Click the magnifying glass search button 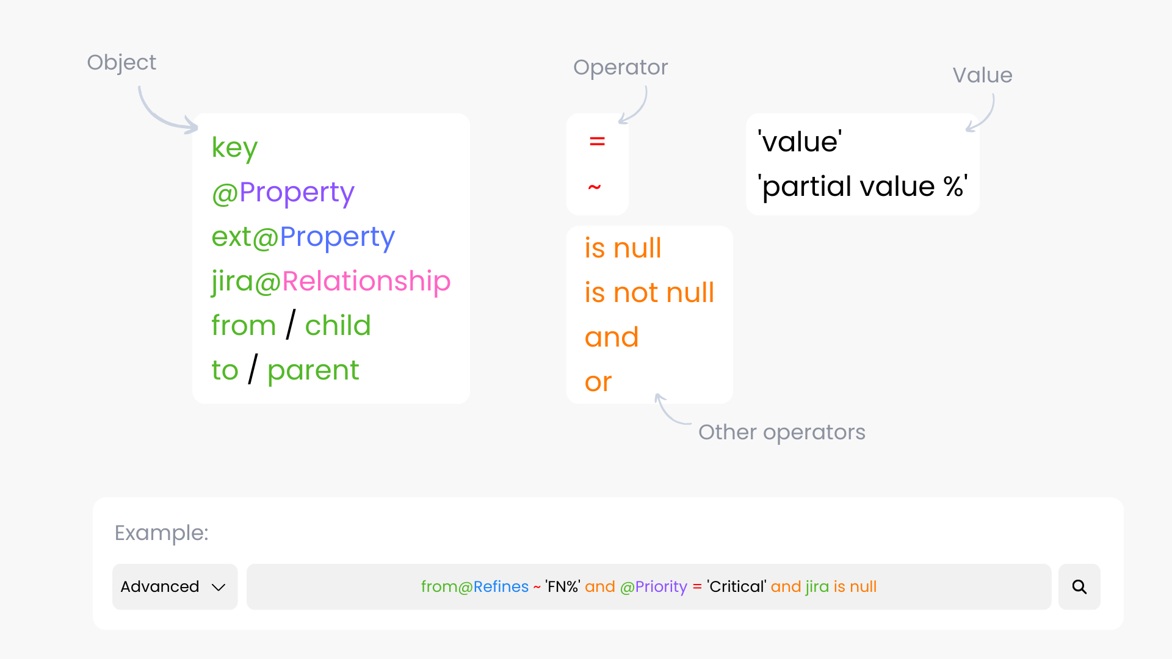(1079, 587)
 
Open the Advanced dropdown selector (175, 587)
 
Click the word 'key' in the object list (234, 148)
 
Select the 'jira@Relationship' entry (331, 281)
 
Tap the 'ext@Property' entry (303, 237)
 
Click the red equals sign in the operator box (597, 142)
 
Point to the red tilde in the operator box (595, 187)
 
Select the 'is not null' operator (649, 293)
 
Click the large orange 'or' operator (598, 383)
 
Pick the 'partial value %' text (862, 187)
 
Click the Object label (121, 62)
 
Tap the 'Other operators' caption (781, 432)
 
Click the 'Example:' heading (161, 533)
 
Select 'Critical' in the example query (737, 587)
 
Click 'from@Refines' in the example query (474, 587)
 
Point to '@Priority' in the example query (653, 587)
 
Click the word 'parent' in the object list (313, 370)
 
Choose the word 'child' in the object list (338, 326)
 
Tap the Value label (982, 75)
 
